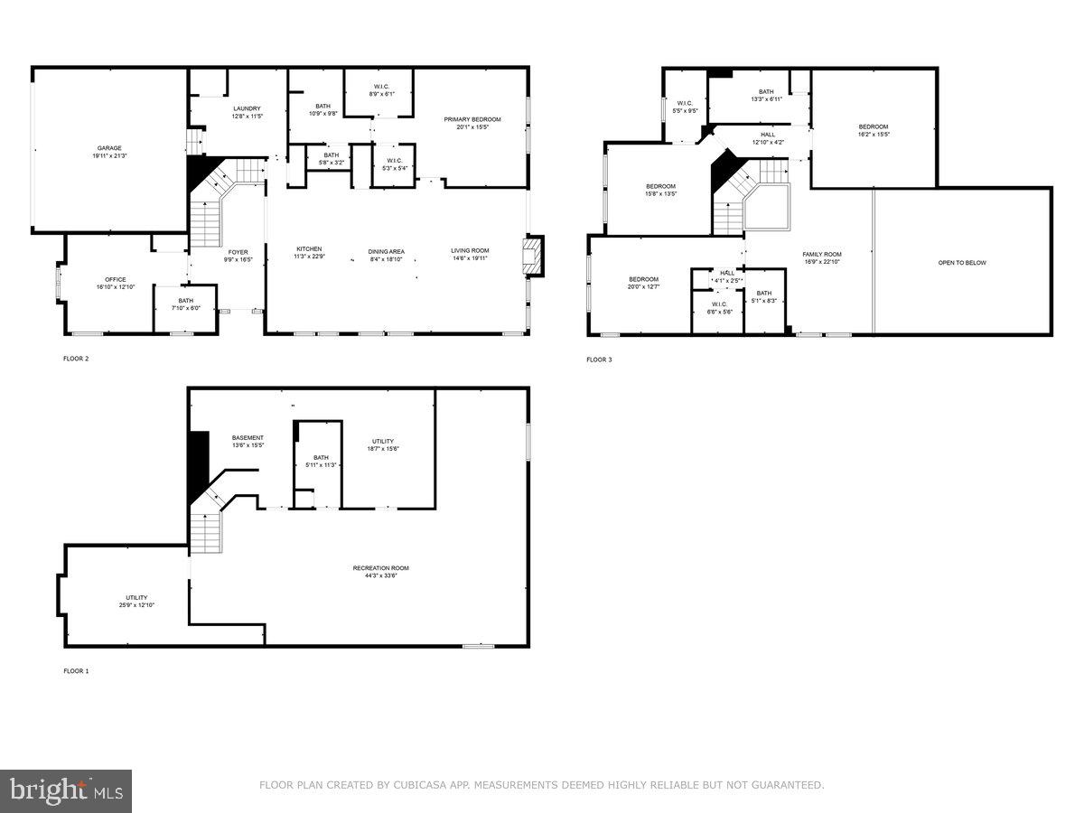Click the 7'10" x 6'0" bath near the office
[185, 304]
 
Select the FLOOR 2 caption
[76, 359]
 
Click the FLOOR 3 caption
[599, 360]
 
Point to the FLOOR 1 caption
[76, 671]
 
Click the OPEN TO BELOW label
[962, 263]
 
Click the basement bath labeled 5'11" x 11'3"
[321, 461]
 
